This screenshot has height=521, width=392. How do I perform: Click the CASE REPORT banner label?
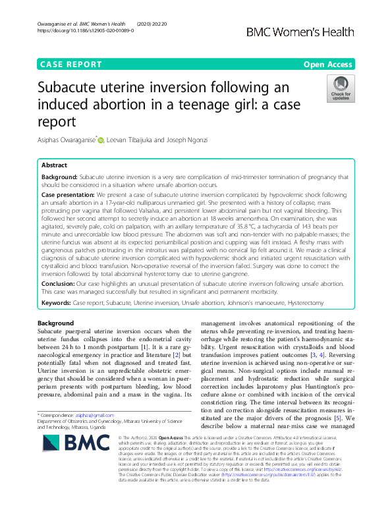click(71, 65)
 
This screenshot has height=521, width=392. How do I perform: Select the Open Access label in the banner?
click(328, 65)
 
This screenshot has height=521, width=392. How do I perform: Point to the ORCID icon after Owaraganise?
click(101, 139)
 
